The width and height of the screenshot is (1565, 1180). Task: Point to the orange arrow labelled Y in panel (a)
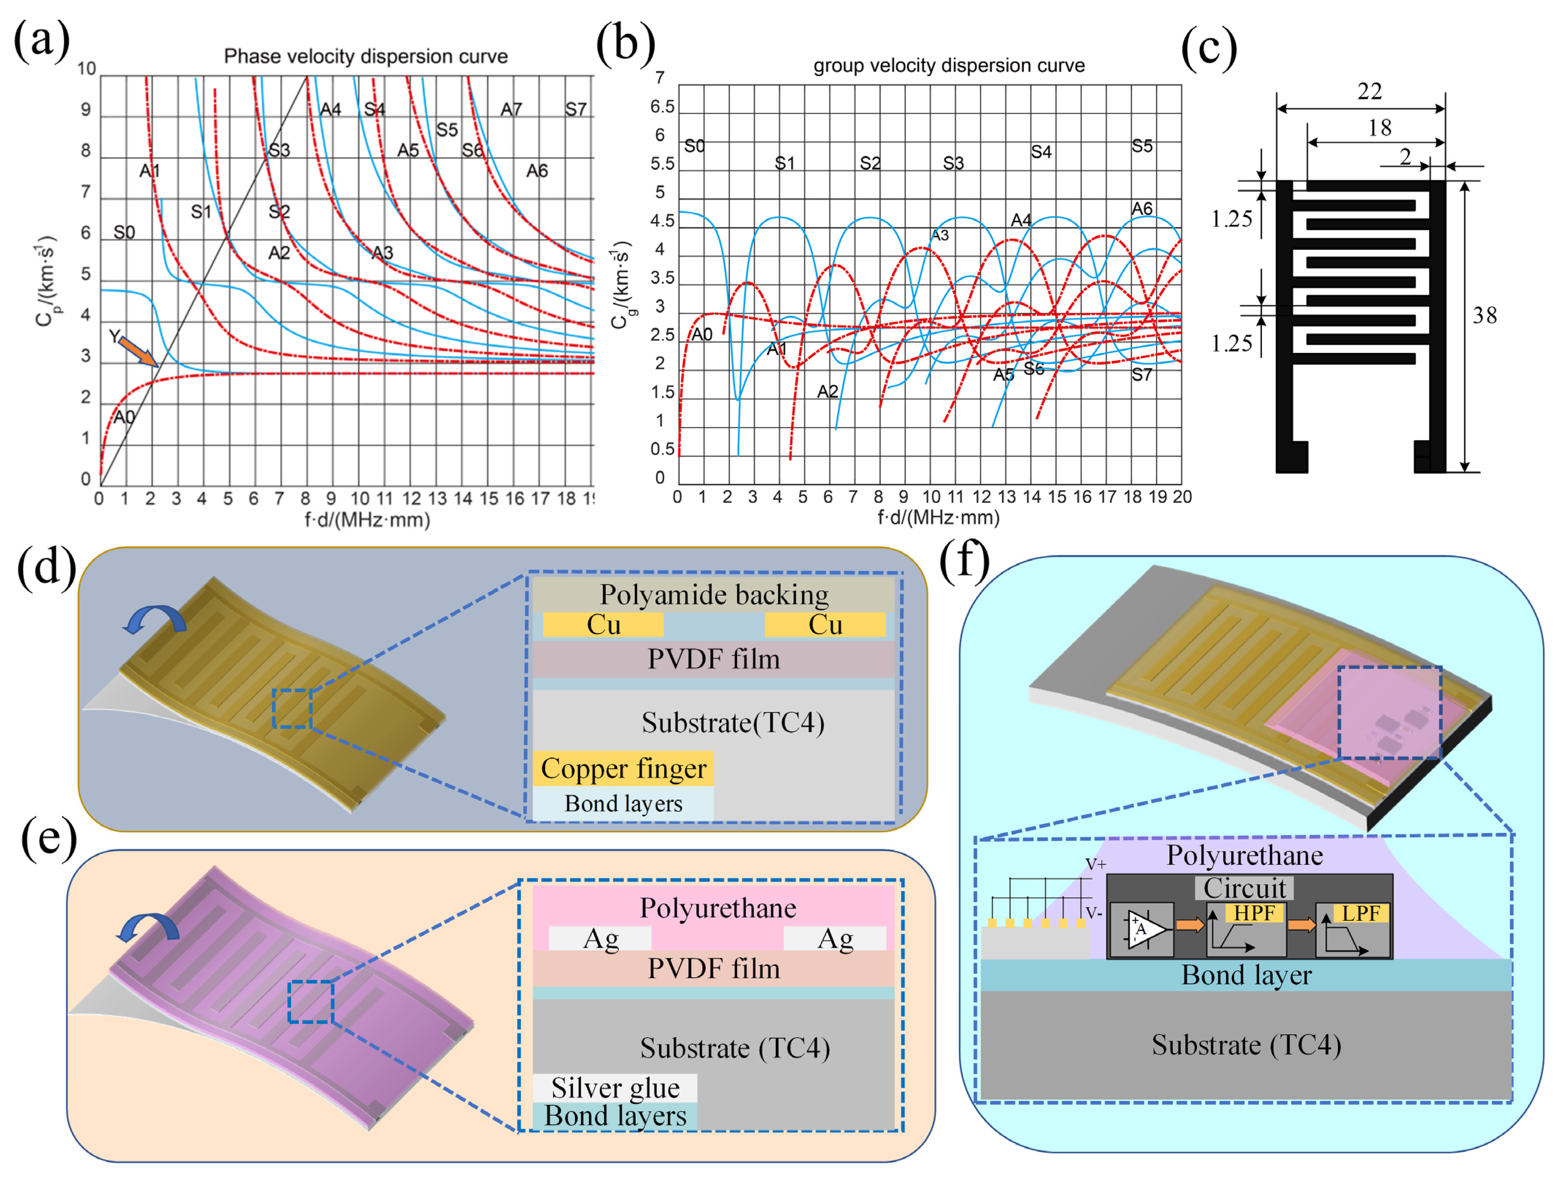pos(138,351)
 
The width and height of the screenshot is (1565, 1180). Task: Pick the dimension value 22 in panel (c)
pos(1369,91)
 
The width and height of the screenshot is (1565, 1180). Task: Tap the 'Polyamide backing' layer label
pos(714,595)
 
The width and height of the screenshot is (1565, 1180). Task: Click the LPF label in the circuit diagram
pos(1361,913)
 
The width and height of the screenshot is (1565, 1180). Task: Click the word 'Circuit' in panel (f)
pos(1244,888)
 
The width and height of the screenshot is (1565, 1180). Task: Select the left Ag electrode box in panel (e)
pos(600,939)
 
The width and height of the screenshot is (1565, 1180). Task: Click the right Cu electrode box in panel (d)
pos(825,624)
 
